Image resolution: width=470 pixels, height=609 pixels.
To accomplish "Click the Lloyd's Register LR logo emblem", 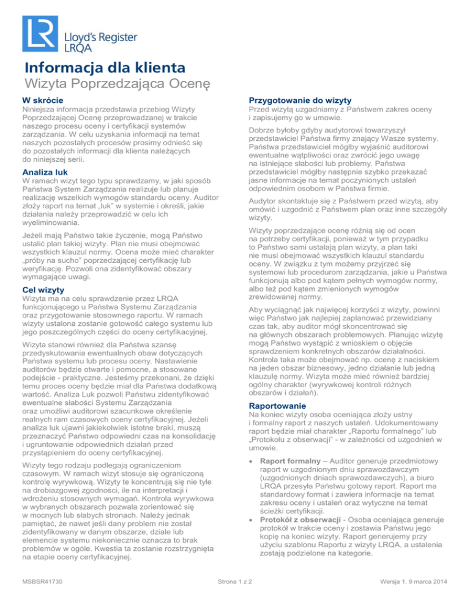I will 40,31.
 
